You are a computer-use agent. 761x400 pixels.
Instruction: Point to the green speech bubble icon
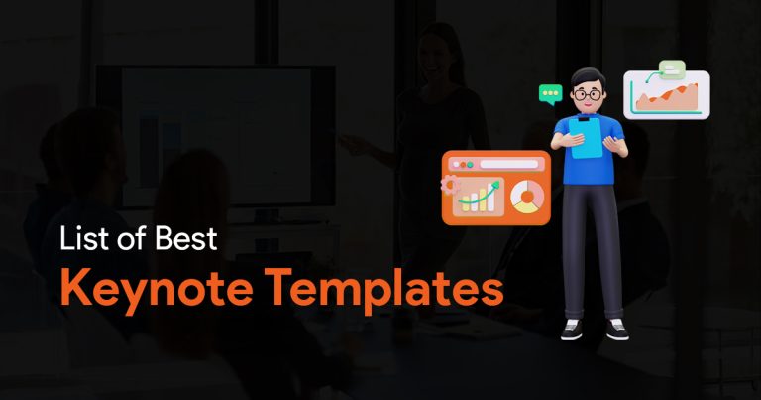pos(550,94)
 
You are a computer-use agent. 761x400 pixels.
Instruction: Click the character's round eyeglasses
pos(588,94)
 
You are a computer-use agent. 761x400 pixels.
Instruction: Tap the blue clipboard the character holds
pos(586,138)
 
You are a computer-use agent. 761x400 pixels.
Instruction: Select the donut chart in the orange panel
pos(527,197)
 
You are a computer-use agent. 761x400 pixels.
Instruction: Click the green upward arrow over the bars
pos(479,194)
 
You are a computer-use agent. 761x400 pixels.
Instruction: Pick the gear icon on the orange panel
pos(450,186)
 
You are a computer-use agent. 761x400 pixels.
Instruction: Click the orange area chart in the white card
pos(667,97)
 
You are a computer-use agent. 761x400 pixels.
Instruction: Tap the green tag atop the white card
pos(672,68)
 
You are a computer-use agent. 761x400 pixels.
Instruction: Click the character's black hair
pos(589,77)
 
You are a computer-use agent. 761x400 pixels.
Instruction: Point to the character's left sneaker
pos(571,330)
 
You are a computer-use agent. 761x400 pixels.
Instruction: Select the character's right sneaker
pos(617,330)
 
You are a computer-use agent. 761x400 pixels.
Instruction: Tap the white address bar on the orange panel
pos(509,165)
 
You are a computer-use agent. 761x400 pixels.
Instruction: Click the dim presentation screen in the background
pos(216,137)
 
